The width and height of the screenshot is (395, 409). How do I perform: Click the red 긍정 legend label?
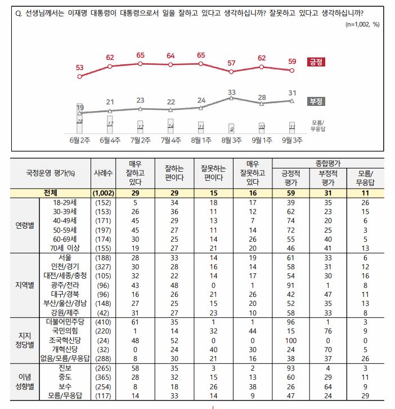pos(316,62)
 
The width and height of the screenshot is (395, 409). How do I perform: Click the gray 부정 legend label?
pos(316,101)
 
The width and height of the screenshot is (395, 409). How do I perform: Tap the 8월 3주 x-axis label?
pos(231,140)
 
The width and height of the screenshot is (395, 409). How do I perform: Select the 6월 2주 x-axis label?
pos(79,140)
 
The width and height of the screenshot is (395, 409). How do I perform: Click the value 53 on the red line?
pos(79,68)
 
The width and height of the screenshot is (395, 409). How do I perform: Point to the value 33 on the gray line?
pos(231,91)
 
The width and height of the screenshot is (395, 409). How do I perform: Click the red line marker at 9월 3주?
pos(291,70)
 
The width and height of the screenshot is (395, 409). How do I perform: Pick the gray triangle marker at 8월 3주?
pos(231,98)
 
